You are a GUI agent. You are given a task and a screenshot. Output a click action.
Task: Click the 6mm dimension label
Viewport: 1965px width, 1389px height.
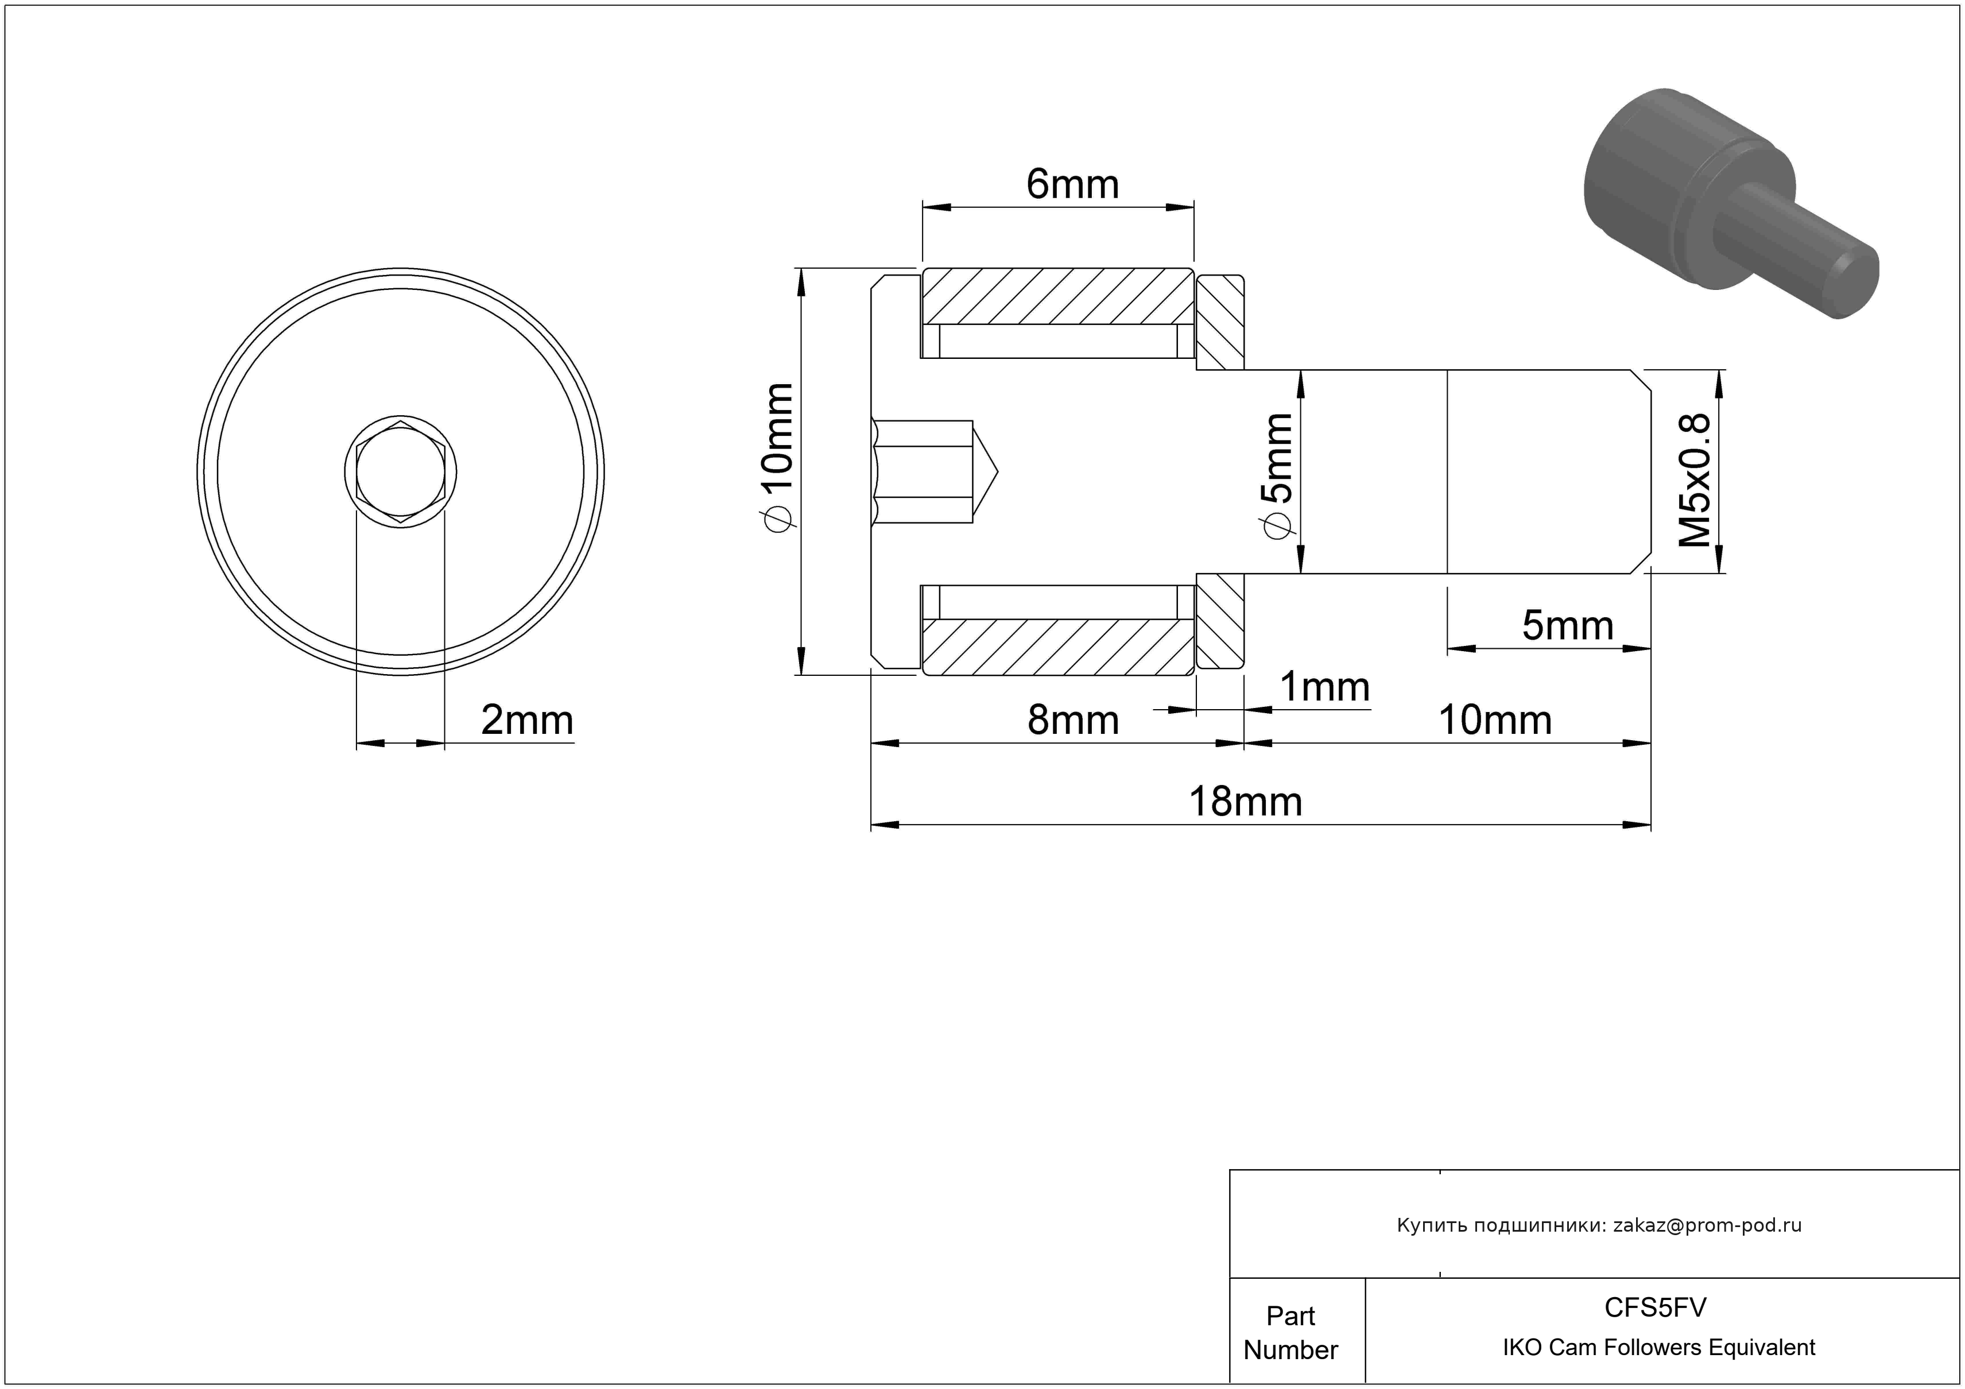point(1072,185)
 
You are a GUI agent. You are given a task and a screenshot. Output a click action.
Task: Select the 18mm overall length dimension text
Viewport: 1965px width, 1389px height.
point(1245,803)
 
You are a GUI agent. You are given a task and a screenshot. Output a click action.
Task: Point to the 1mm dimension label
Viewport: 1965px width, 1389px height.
point(1324,687)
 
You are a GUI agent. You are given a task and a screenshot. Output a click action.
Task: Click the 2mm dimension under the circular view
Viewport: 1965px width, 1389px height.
point(526,721)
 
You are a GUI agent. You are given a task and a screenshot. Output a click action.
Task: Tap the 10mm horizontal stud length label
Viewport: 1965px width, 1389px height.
point(1494,721)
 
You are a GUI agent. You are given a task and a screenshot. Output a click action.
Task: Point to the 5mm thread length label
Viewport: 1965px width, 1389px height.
point(1567,626)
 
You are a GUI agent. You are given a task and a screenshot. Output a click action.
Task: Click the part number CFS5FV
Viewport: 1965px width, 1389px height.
point(1654,1307)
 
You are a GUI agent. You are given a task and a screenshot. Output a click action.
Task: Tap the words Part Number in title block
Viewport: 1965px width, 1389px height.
point(1290,1333)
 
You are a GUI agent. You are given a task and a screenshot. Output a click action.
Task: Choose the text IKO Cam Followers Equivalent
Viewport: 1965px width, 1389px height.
point(1658,1348)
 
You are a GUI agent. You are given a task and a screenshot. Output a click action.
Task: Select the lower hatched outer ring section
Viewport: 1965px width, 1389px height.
point(1057,647)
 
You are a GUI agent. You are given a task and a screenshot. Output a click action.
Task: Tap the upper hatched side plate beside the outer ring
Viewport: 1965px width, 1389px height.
point(1219,322)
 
